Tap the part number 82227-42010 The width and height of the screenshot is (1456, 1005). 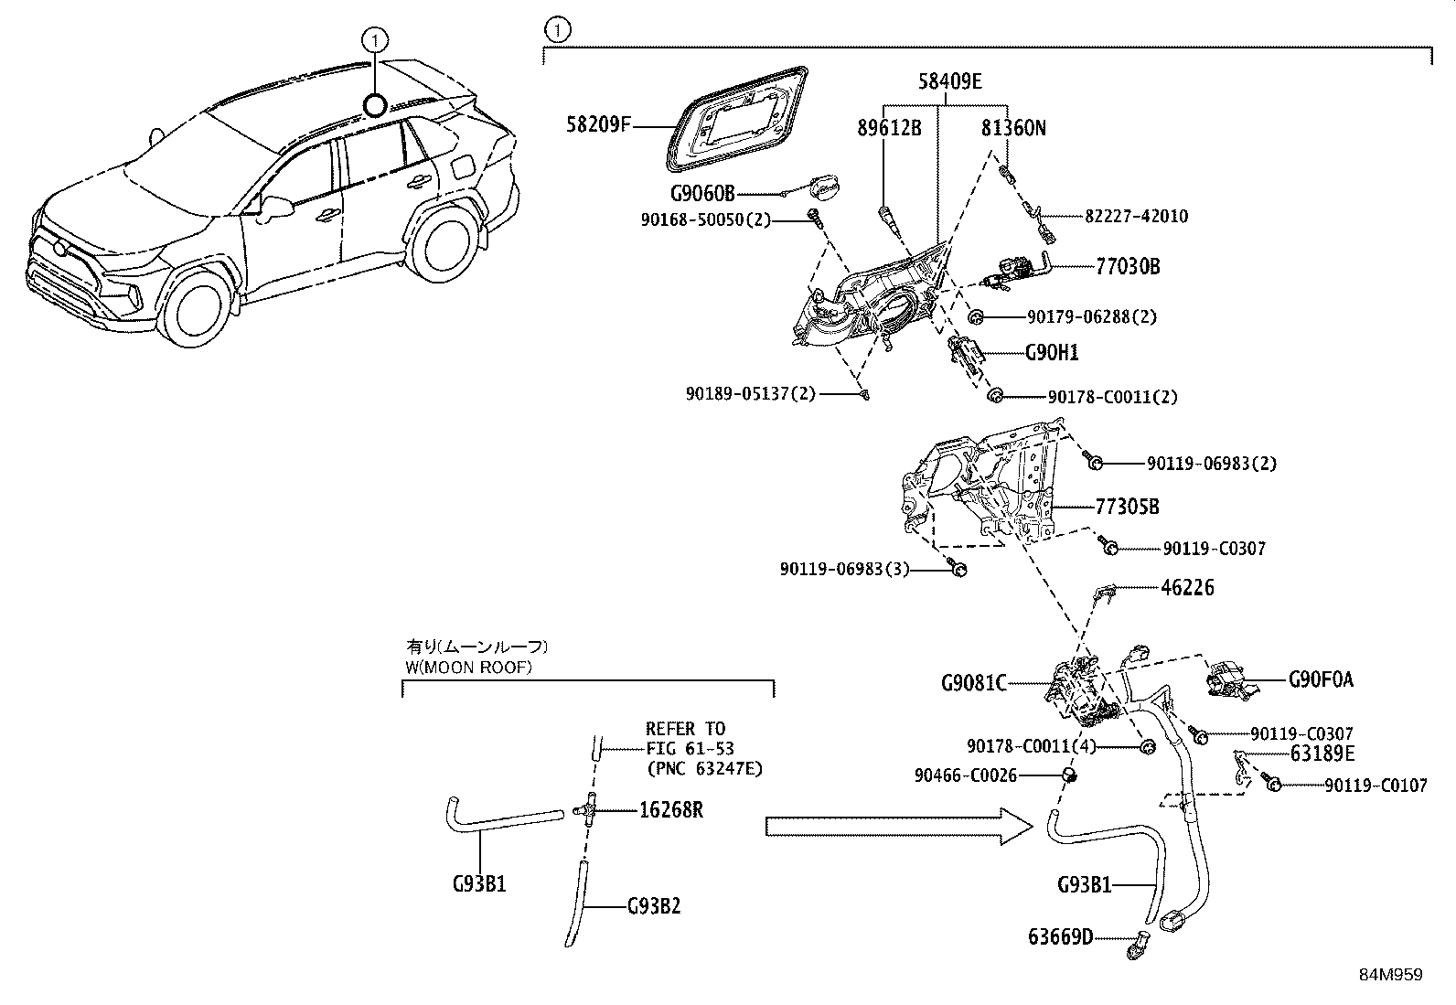(1136, 217)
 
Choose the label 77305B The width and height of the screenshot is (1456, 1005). (1127, 507)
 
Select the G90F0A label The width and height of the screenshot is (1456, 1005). (1321, 679)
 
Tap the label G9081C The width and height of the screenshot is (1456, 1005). (974, 683)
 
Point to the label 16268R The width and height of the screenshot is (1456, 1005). (671, 810)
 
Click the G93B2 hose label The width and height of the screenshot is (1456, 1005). (653, 906)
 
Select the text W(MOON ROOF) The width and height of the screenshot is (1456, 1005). (468, 668)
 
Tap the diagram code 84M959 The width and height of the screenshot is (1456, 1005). (1390, 975)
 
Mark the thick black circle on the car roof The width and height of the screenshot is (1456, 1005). (375, 106)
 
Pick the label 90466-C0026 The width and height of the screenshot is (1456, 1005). (965, 775)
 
